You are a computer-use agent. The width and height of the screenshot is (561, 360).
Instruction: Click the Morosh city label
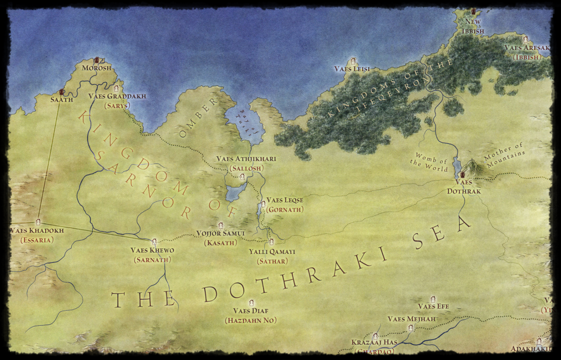[x=97, y=68]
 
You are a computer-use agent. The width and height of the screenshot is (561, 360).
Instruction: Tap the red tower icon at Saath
[x=62, y=92]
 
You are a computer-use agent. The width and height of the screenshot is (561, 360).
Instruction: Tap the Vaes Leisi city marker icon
[x=353, y=61]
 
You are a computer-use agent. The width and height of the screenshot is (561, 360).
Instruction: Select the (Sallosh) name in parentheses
[x=247, y=168]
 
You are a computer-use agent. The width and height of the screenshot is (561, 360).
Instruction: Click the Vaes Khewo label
[x=152, y=250]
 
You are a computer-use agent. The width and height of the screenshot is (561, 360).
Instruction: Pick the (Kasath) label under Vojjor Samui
[x=221, y=242]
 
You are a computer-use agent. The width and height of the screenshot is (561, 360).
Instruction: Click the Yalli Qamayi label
[x=272, y=252]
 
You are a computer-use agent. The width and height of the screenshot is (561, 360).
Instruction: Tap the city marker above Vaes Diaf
[x=251, y=303]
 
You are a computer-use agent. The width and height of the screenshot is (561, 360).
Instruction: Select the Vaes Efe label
[x=433, y=306]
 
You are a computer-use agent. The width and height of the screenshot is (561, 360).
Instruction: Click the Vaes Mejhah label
[x=411, y=319]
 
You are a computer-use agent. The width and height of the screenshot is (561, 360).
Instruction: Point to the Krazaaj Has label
[x=374, y=342]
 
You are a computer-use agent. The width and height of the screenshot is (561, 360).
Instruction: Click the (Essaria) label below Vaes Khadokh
[x=37, y=240]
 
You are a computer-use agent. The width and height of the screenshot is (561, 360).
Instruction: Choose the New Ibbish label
[x=473, y=26]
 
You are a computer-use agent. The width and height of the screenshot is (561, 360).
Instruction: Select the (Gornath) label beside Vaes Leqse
[x=285, y=209]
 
